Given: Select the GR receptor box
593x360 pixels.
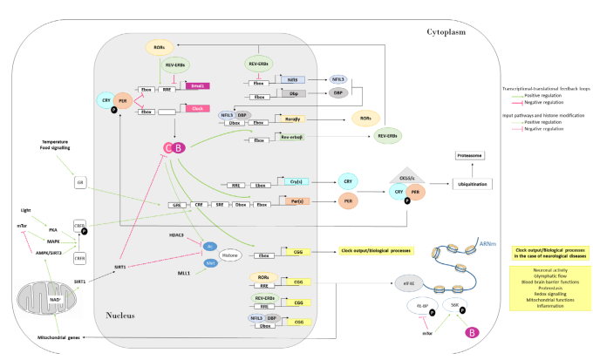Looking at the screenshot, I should pyautogui.click(x=79, y=184).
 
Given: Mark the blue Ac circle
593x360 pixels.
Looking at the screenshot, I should pyautogui.click(x=210, y=246).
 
